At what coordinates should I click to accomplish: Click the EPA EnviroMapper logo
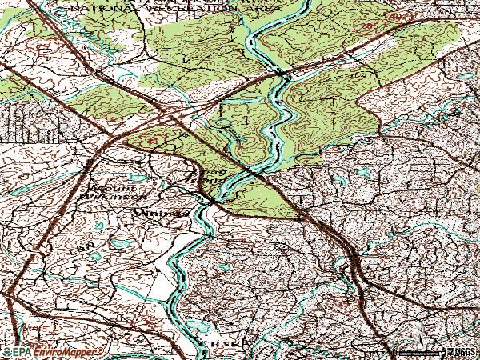[53, 352]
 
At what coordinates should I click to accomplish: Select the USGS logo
[459, 352]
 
